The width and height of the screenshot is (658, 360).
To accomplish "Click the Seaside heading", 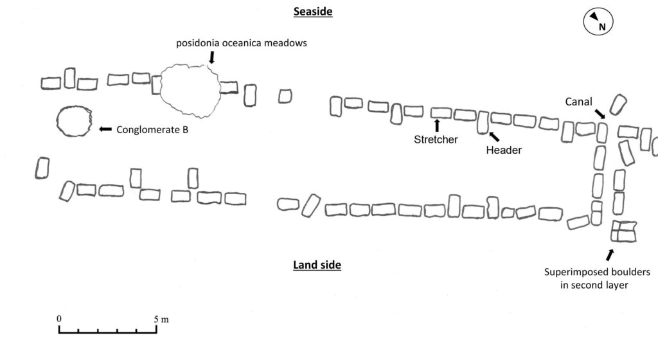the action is click(x=313, y=12).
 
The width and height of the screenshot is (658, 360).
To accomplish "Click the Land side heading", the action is click(x=317, y=265).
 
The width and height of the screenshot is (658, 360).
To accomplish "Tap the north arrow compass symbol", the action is click(x=598, y=22).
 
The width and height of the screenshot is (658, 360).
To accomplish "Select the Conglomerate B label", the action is click(x=152, y=130).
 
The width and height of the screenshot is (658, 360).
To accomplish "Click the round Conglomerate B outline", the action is click(x=57, y=122).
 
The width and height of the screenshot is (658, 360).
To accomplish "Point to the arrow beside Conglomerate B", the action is click(x=105, y=129).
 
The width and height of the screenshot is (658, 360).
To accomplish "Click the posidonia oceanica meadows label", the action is click(x=242, y=43).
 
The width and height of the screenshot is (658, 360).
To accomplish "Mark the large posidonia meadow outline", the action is click(x=160, y=90).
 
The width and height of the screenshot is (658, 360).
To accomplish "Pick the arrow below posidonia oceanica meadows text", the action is click(x=212, y=57).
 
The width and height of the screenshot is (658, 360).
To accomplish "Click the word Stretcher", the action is click(x=436, y=139).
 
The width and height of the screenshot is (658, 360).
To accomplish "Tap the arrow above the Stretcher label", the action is click(x=437, y=125).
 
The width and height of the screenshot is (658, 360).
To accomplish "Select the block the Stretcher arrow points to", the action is click(x=441, y=113).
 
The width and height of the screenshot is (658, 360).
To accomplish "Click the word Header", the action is click(x=504, y=150).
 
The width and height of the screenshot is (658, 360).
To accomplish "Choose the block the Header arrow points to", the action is click(x=483, y=123).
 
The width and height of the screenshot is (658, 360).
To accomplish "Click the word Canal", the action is click(x=578, y=102).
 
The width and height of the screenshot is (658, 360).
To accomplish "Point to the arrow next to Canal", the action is click(x=600, y=114).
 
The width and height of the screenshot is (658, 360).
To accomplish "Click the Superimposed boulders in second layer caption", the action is click(x=597, y=278).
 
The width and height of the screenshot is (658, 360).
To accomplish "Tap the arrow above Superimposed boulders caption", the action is click(x=610, y=255).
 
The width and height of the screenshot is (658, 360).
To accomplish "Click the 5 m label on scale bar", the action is click(x=161, y=319).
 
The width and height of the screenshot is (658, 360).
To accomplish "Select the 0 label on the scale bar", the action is click(x=58, y=319).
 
